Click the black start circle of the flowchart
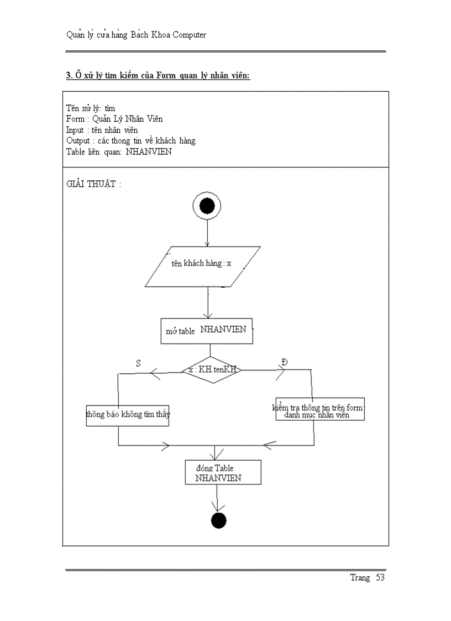point(207,206)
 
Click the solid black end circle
point(219,520)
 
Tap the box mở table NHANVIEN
point(207,331)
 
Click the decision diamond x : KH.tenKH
point(211,370)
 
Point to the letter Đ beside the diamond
point(284,362)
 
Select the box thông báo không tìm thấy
point(128,414)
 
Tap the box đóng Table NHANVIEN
point(222,473)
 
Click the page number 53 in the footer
point(380,578)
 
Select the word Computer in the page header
point(188,35)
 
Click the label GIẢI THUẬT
point(92,184)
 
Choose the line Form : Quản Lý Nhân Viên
point(114,119)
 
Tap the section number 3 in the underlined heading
point(68,76)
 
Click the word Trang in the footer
point(359,578)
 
